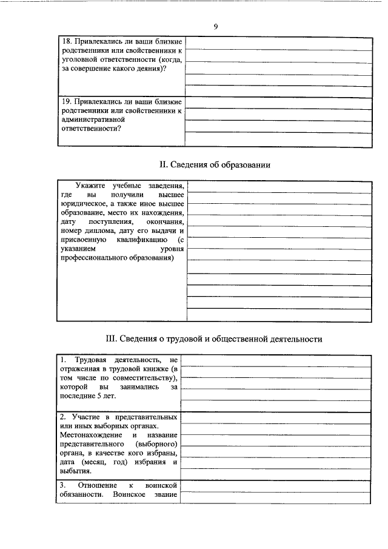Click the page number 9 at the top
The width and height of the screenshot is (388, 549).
[x=215, y=27]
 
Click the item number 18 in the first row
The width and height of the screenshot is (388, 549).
[x=67, y=41]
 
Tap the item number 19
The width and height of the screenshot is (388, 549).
[x=67, y=101]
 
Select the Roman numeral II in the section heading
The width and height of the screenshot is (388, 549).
[x=162, y=164]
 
